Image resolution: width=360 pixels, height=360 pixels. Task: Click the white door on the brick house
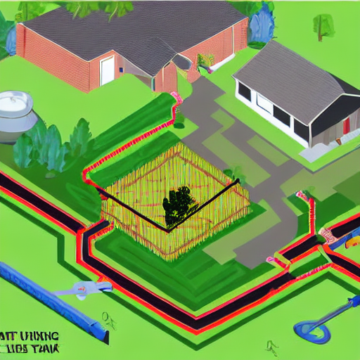tap(107, 70)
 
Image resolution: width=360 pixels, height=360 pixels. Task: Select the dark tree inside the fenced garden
tap(179, 204)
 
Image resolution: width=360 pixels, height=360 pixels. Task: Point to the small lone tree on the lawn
tap(324, 25)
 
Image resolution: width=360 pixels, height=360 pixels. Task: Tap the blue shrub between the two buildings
tap(261, 25)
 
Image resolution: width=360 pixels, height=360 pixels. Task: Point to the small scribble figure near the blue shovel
tap(271, 346)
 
